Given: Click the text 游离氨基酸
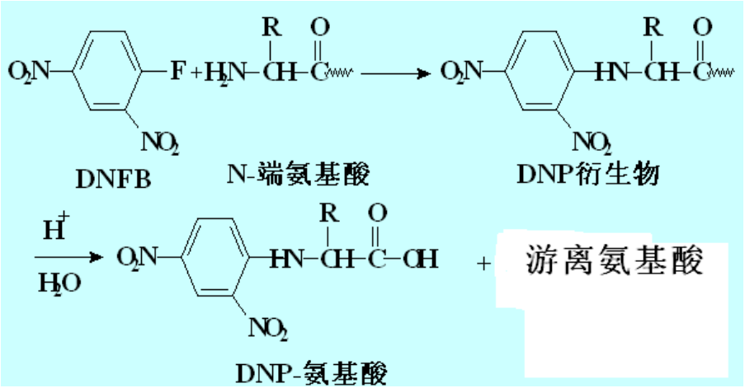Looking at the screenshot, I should click(615, 262).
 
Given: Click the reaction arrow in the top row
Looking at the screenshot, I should click(396, 72).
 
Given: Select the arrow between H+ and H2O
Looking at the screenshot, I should click(72, 258).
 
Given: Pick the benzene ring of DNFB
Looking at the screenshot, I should click(108, 72).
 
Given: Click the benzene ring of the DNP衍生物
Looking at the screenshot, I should click(538, 72).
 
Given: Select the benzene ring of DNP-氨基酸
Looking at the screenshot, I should click(216, 258).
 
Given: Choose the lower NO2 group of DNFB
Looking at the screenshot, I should click(160, 143).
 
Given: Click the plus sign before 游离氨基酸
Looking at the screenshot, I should click(482, 264).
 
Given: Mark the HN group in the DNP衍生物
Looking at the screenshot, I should click(613, 72).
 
